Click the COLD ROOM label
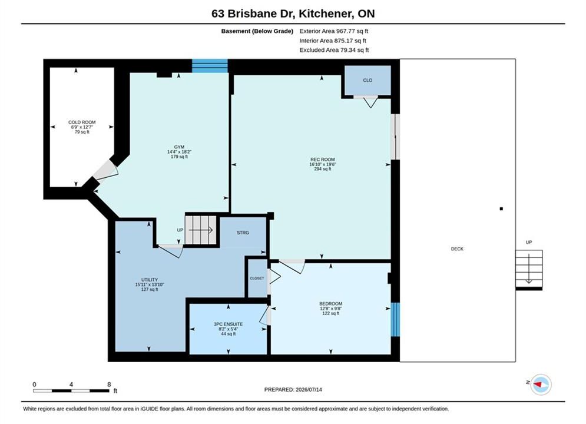tap(82, 122)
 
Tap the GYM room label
tap(180, 147)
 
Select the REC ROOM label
tap(323, 160)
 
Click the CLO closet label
tap(368, 80)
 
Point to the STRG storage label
tap(243, 233)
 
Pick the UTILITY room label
tap(150, 280)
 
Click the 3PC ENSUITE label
tap(229, 324)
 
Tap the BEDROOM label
tap(331, 304)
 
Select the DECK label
tap(457, 249)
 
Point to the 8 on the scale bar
tap(109, 385)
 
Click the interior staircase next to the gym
tap(201, 230)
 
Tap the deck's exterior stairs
tap(529, 269)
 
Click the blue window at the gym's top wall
tap(210, 66)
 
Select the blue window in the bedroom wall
tap(395, 319)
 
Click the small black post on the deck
tap(501, 209)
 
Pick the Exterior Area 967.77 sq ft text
tap(334, 31)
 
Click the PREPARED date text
tap(293, 390)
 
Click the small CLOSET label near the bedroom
tap(257, 279)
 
